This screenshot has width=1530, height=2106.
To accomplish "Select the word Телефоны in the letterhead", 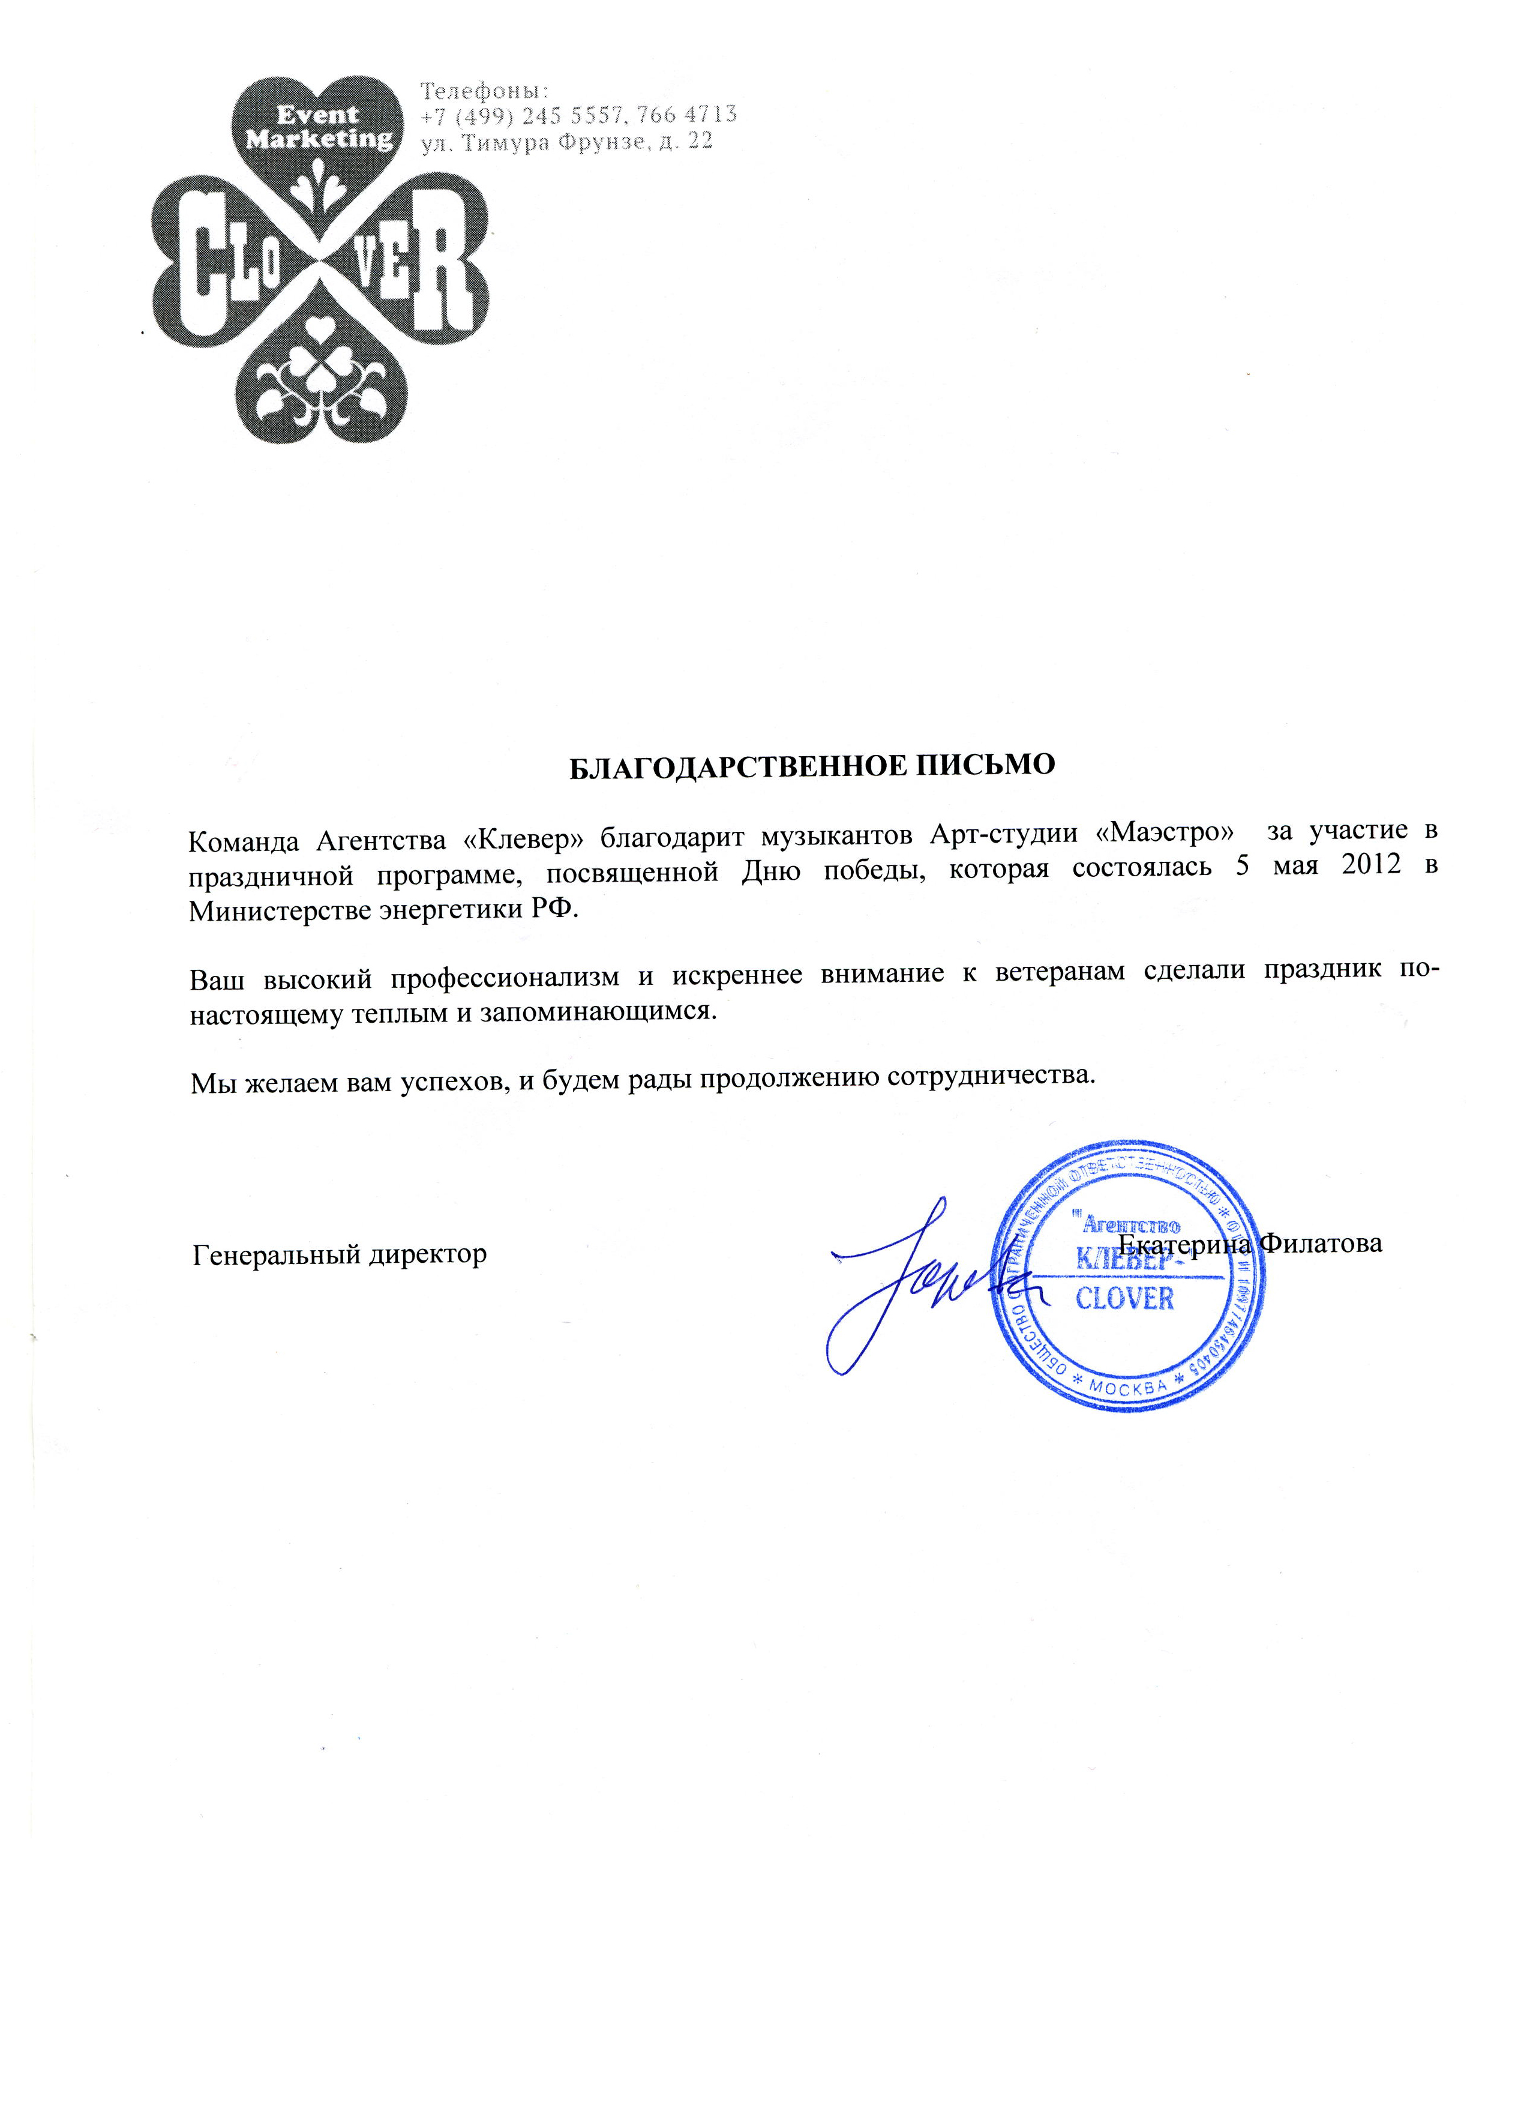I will pyautogui.click(x=485, y=91).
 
